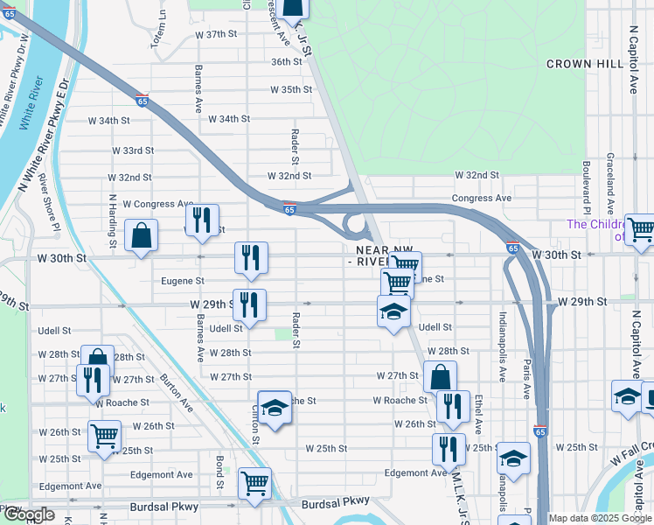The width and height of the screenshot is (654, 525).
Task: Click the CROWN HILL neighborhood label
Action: (x=584, y=64)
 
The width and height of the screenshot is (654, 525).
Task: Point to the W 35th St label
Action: (x=290, y=90)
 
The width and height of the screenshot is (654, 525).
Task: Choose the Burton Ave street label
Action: (x=176, y=392)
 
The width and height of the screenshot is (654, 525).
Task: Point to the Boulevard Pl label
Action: (x=587, y=186)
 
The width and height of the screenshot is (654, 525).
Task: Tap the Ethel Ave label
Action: (x=479, y=414)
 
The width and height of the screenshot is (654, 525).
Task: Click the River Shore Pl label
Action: (x=51, y=209)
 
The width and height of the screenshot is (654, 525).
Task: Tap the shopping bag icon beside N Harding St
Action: (x=141, y=235)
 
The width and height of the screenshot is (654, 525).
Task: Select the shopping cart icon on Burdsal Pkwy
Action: (x=254, y=482)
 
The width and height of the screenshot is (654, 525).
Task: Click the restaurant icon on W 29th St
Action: (x=249, y=304)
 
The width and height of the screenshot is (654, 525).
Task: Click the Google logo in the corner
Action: (x=29, y=514)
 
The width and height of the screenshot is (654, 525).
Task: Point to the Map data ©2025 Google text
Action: (x=600, y=518)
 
